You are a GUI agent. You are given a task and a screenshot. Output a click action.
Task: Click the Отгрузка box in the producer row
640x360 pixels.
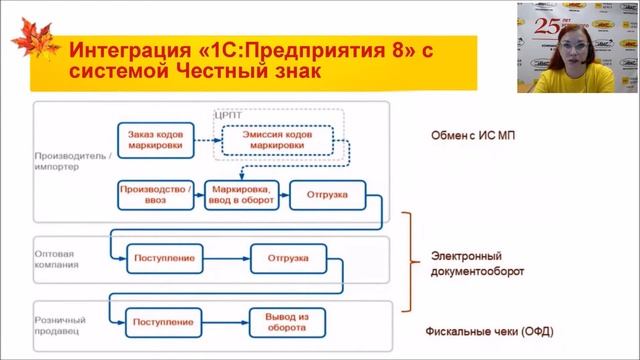327,194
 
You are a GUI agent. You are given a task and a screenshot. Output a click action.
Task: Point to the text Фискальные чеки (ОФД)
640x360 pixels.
490,332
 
